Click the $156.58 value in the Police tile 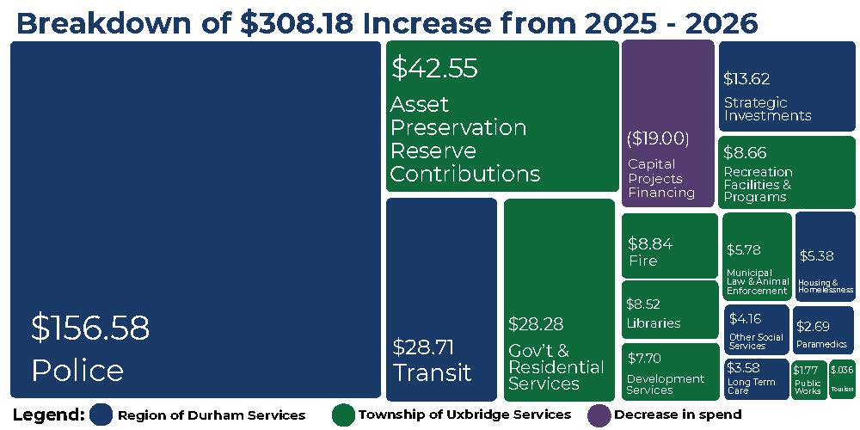(x=90, y=329)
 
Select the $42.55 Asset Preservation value (x=434, y=69)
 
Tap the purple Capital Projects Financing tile (x=667, y=124)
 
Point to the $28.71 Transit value (x=423, y=347)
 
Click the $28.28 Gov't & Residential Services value (x=536, y=324)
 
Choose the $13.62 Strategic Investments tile (x=786, y=86)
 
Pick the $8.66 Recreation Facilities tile (x=786, y=172)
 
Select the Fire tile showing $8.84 (x=669, y=246)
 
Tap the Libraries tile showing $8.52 (x=669, y=310)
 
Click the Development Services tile (x=669, y=372)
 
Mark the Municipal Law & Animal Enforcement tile (x=756, y=256)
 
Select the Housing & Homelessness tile (x=824, y=256)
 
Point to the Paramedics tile (x=823, y=330)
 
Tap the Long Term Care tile (x=756, y=379)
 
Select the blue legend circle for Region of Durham (x=101, y=415)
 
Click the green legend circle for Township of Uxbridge (x=343, y=415)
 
